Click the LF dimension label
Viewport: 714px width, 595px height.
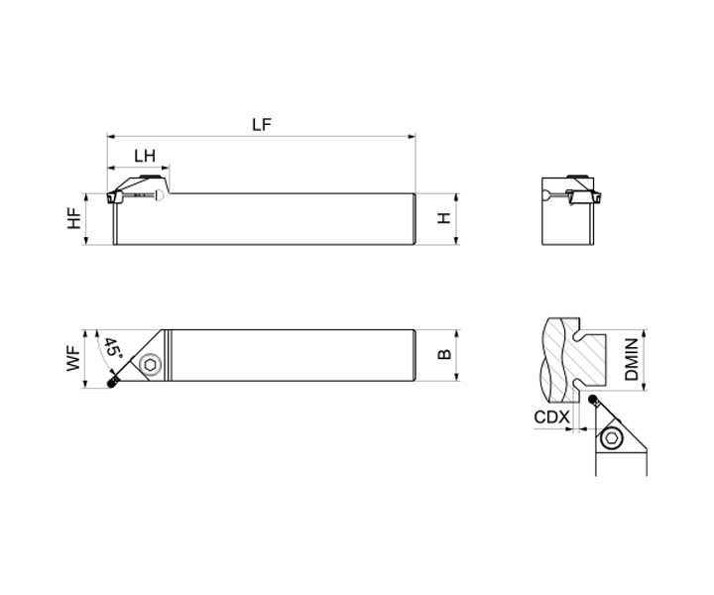tap(262, 125)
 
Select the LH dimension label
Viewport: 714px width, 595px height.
tap(145, 156)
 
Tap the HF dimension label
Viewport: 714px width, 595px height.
tap(74, 218)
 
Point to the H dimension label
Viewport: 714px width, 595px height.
tap(444, 218)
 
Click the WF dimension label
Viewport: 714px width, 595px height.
tap(74, 358)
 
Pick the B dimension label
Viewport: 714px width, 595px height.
tap(444, 354)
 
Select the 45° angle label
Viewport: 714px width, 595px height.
tap(112, 348)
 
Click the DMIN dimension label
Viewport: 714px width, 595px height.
tap(632, 359)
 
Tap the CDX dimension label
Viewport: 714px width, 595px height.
tap(551, 417)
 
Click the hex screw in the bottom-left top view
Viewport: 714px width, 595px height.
tap(151, 365)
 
